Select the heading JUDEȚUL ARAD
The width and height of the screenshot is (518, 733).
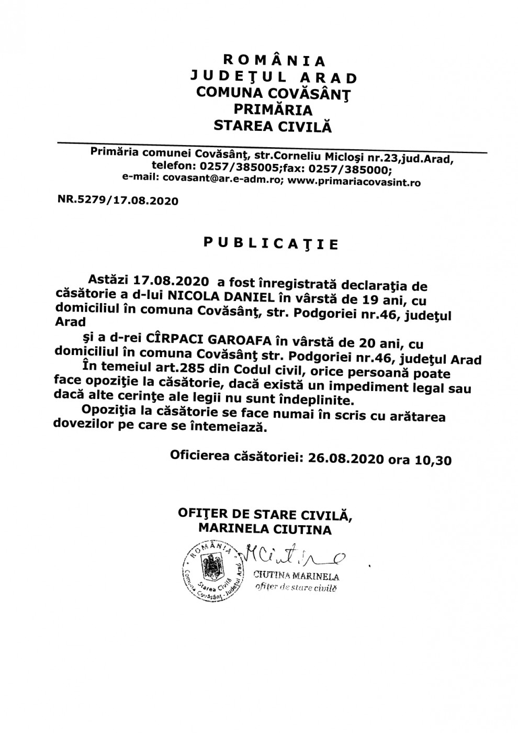[x=274, y=77]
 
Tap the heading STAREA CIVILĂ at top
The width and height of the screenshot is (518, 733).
[x=270, y=126]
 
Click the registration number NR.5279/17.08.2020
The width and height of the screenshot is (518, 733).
[x=118, y=200]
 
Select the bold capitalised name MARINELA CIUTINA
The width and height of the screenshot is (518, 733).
[x=265, y=529]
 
